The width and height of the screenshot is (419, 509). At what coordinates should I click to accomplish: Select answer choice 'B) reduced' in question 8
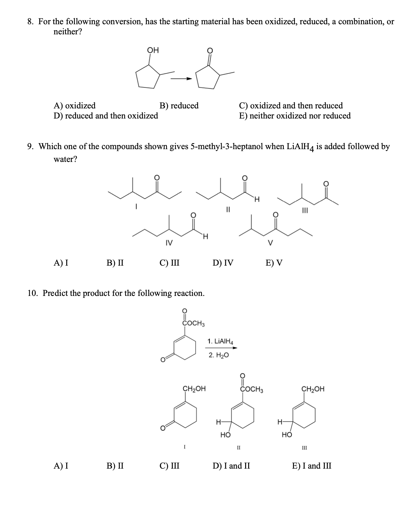pyautogui.click(x=179, y=106)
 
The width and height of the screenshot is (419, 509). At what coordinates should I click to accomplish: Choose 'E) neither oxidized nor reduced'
pyautogui.click(x=295, y=116)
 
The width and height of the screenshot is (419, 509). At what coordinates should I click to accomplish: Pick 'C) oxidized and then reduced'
pyautogui.click(x=291, y=106)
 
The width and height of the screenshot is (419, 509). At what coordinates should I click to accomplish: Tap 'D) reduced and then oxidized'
pyautogui.click(x=106, y=116)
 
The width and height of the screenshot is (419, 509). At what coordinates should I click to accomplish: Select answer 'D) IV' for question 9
pyautogui.click(x=223, y=263)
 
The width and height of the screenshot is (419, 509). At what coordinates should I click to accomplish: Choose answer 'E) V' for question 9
pyautogui.click(x=274, y=263)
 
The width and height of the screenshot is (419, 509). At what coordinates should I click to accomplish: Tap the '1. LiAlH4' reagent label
pyautogui.click(x=220, y=341)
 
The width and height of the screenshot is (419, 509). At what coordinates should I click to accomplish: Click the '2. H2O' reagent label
pyautogui.click(x=219, y=355)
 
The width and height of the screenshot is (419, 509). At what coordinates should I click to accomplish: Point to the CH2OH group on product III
pyautogui.click(x=313, y=389)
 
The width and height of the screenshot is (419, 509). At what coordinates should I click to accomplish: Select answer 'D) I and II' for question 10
pyautogui.click(x=231, y=466)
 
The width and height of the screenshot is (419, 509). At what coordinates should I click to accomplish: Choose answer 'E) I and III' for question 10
pyautogui.click(x=311, y=466)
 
